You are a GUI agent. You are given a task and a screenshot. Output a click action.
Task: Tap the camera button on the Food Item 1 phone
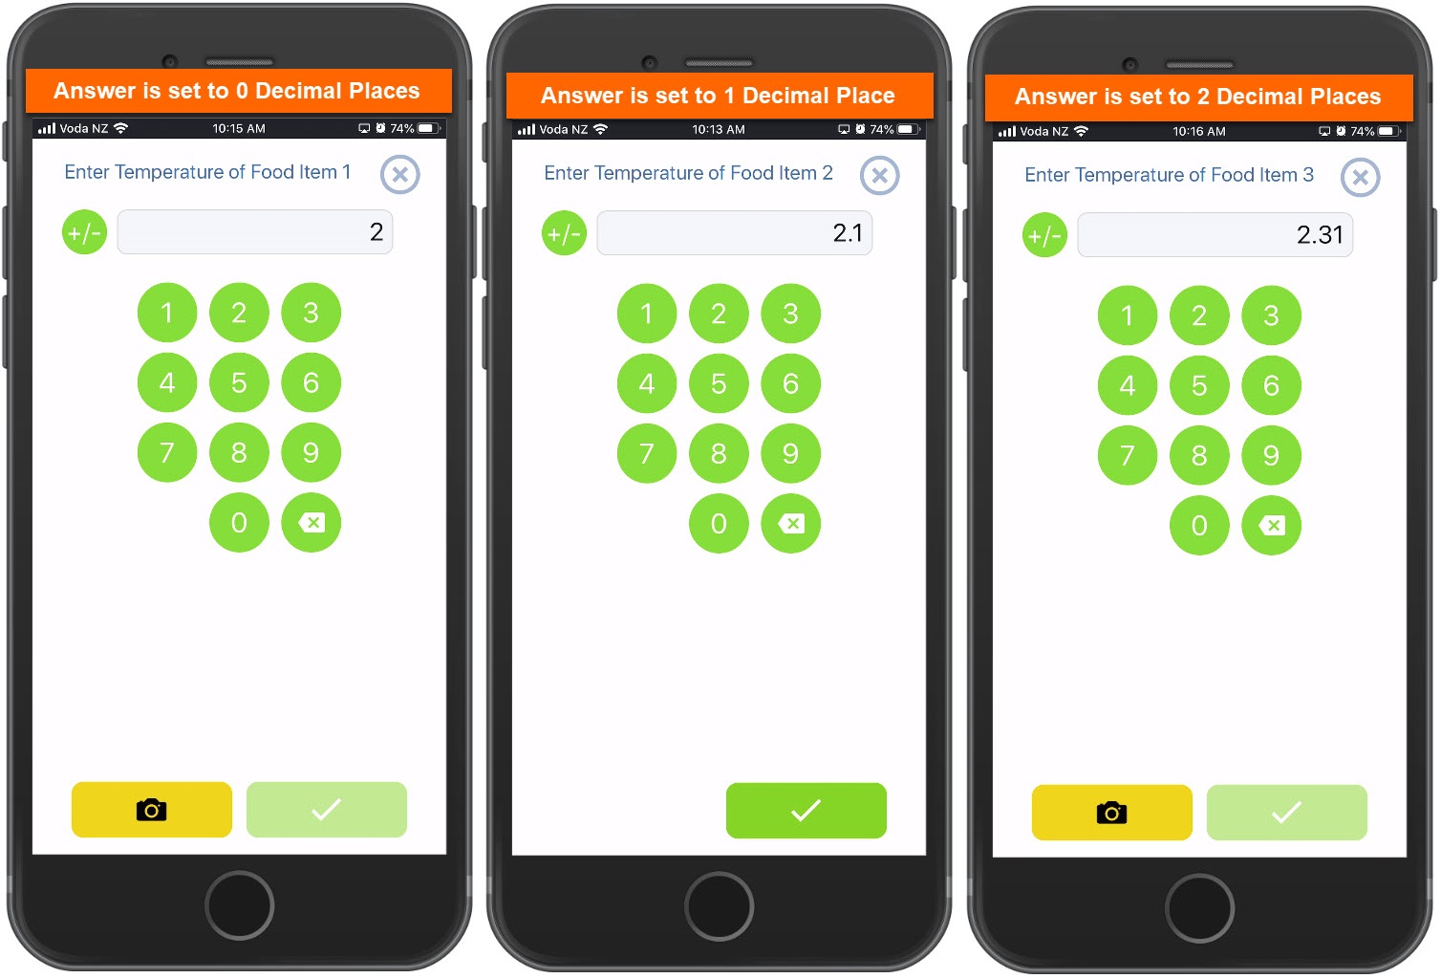click(152, 810)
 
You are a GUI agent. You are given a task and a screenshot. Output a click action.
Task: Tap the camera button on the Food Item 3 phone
click(1111, 812)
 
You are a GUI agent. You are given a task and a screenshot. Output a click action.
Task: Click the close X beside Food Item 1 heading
click(399, 174)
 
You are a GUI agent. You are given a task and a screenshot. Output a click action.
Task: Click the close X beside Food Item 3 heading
click(1360, 177)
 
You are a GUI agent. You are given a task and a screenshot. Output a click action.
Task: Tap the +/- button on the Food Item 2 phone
click(564, 233)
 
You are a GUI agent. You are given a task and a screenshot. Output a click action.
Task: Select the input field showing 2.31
click(1215, 235)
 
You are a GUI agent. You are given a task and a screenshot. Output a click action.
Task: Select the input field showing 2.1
click(734, 233)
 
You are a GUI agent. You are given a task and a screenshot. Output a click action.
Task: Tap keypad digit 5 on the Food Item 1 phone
click(239, 382)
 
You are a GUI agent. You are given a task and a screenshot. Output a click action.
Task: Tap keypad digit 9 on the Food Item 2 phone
click(790, 453)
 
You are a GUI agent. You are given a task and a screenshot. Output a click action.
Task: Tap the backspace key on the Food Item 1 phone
click(312, 522)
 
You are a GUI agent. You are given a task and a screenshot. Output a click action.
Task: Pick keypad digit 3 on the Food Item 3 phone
click(1271, 315)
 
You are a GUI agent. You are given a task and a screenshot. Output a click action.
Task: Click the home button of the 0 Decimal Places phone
click(240, 905)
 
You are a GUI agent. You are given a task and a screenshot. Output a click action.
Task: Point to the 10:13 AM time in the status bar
click(719, 129)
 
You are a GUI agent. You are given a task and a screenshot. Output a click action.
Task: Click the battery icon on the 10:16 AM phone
click(1388, 131)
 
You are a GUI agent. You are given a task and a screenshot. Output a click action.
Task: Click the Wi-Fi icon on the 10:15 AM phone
click(120, 128)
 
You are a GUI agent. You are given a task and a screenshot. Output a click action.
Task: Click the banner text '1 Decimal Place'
click(809, 96)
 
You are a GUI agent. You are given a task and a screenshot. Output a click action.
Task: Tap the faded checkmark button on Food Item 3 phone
click(1286, 812)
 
